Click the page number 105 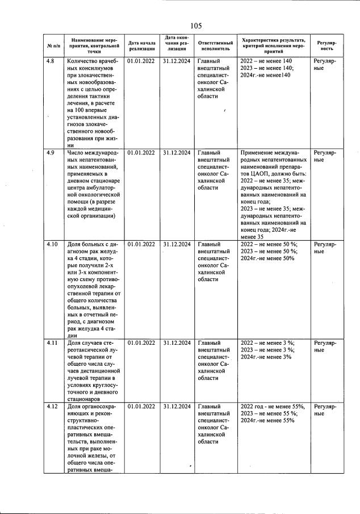pos(196,26)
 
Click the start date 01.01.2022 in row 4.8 pos(141,61)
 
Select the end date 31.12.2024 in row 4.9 pos(176,153)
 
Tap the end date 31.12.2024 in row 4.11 pos(176,343)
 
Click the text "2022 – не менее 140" pos(266,61)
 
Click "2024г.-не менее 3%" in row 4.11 pos(266,357)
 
